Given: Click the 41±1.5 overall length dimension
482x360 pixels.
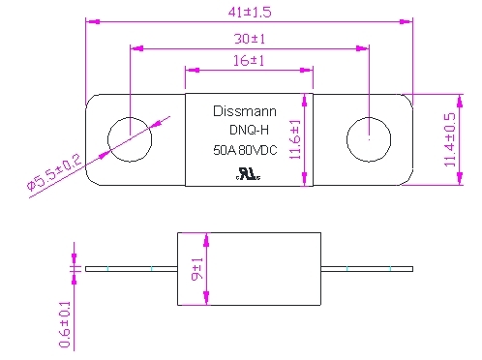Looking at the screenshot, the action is coord(250,13).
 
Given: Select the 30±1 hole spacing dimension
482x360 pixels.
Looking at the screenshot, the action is coord(250,39).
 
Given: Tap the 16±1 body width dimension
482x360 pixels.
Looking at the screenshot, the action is coord(249,61).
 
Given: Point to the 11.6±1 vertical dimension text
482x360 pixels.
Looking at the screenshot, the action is coord(295,139).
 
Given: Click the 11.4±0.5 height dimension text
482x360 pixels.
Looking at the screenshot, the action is coord(450,139).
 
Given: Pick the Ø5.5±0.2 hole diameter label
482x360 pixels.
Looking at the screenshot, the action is coord(54,172).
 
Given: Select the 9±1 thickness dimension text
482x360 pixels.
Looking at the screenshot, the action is coord(197,269).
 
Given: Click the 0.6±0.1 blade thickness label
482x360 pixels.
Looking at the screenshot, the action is coord(65,324).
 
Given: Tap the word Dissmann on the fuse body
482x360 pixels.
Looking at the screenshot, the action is coord(245,111).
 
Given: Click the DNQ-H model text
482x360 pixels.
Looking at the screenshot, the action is coord(249,130).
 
